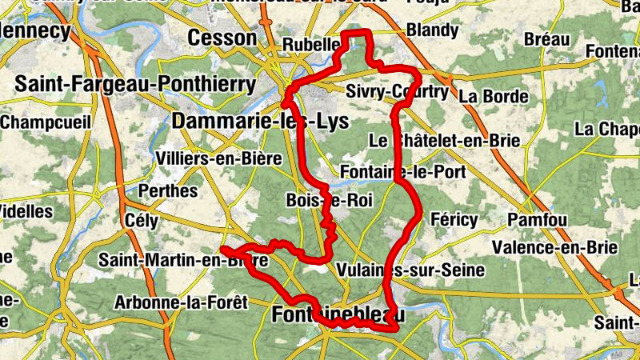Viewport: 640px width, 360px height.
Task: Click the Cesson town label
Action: pos(222,38)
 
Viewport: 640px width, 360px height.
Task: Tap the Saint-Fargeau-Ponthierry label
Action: pos(135,83)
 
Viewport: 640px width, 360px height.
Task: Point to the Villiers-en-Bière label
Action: pos(220,158)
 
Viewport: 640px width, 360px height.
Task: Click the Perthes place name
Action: pos(168,191)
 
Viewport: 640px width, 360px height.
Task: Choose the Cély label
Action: pos(142,221)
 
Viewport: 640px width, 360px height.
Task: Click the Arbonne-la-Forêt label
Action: pos(182,302)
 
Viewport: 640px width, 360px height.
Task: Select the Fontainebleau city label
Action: pos(338,315)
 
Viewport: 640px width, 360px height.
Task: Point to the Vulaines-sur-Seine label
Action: pos(411,270)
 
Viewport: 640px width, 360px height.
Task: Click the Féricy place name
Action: pos(454,219)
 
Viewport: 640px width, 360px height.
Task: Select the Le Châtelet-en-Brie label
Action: pos(445,141)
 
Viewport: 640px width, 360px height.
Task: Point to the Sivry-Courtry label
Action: pos(398,92)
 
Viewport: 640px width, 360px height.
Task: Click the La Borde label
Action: pos(494,98)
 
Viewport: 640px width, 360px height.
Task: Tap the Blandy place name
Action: pos(433,31)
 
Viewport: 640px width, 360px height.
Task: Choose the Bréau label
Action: pos(547,39)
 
